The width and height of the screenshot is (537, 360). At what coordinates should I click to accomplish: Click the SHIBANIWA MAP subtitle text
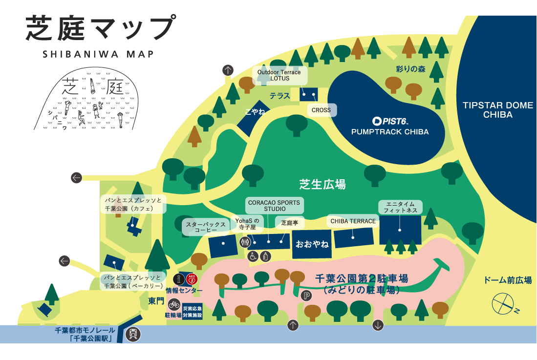click(98, 54)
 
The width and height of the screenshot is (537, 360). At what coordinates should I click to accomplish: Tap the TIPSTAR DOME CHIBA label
click(497, 110)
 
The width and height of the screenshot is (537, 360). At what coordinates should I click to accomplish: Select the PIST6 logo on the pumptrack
click(389, 121)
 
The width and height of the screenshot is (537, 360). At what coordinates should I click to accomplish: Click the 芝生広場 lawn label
click(322, 184)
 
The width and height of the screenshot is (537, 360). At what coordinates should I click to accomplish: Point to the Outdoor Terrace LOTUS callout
click(279, 75)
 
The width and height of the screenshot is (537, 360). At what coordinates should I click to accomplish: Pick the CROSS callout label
click(321, 110)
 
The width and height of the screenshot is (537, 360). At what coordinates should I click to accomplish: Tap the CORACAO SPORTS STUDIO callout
click(274, 205)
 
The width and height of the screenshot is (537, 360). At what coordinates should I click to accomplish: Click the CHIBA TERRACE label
click(353, 221)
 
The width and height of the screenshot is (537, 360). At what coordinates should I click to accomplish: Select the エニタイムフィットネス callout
click(400, 207)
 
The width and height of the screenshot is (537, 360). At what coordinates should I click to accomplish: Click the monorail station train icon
click(133, 334)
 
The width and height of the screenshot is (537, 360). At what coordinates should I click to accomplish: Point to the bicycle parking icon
click(173, 304)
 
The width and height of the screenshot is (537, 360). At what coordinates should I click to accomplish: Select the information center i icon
click(179, 279)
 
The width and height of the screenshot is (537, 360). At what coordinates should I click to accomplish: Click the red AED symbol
click(191, 279)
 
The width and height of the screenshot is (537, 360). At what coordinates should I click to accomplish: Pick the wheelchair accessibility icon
click(253, 255)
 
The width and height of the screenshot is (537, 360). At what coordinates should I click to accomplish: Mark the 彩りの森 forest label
click(410, 69)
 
